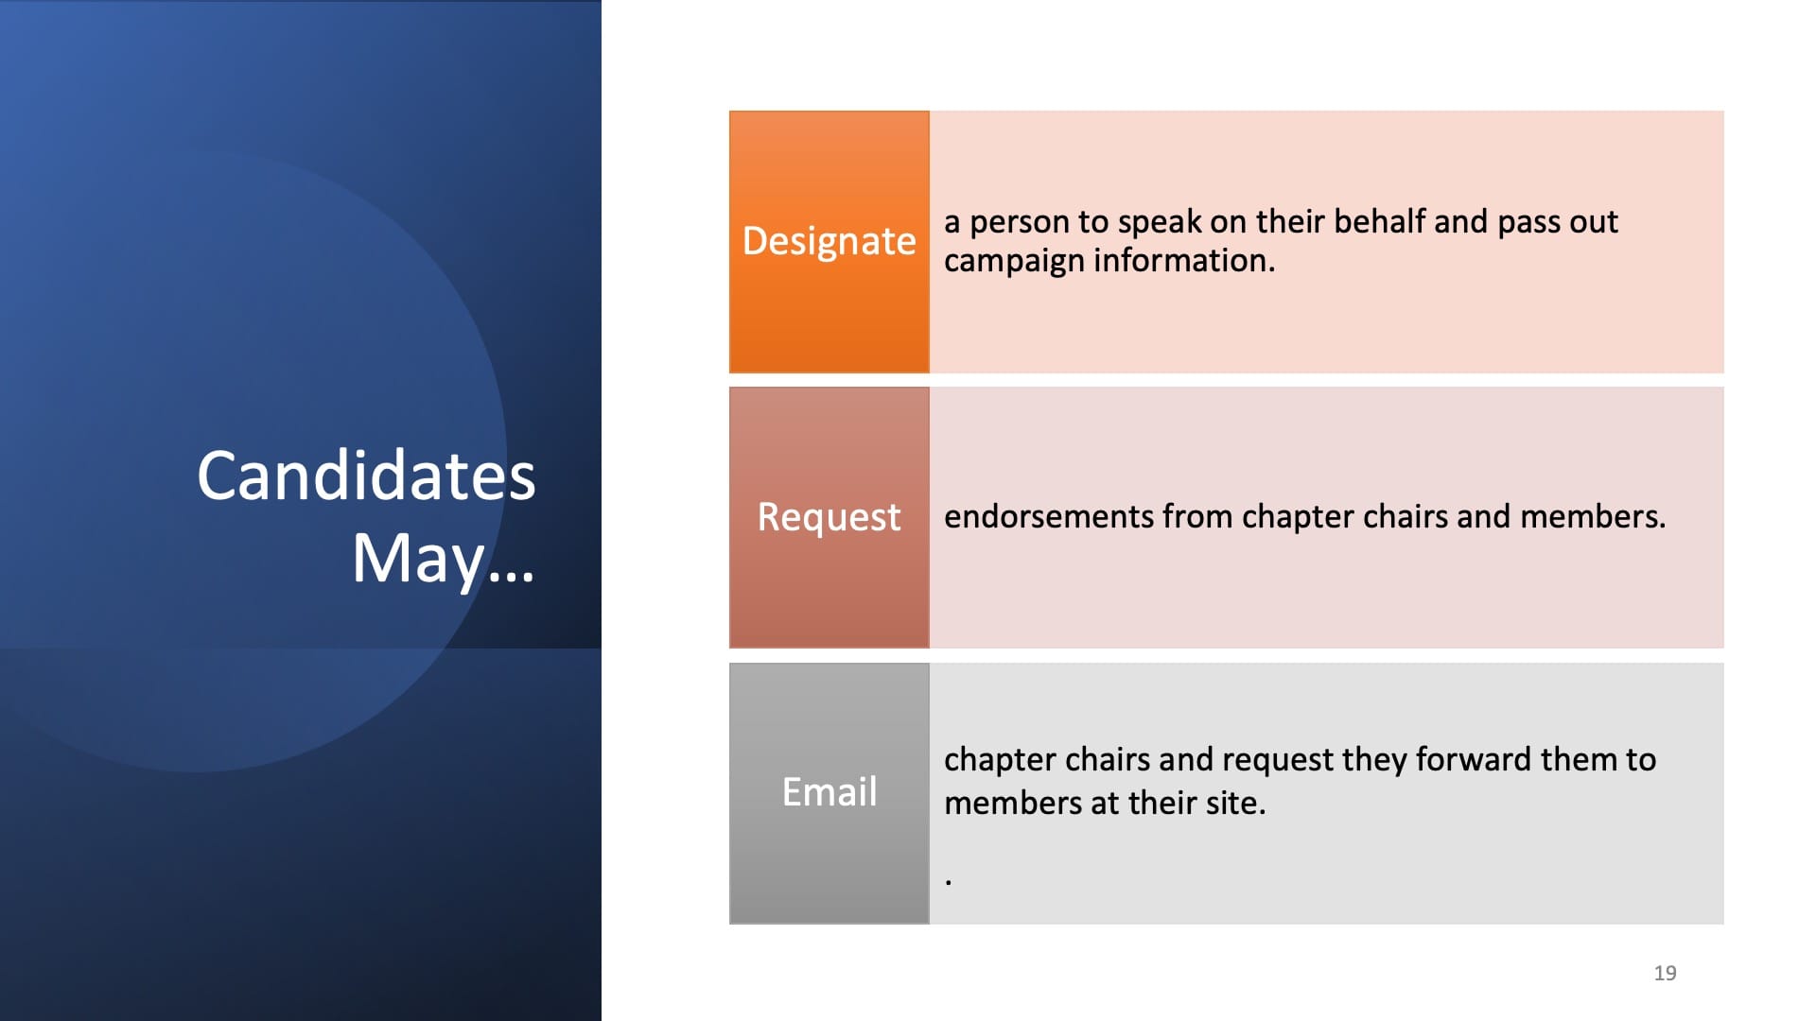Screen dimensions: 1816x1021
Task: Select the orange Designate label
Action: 829,242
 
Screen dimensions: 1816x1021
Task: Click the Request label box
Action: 829,517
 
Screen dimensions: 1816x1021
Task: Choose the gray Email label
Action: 829,793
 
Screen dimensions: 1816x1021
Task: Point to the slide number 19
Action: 1666,973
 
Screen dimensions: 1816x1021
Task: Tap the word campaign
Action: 1014,262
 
